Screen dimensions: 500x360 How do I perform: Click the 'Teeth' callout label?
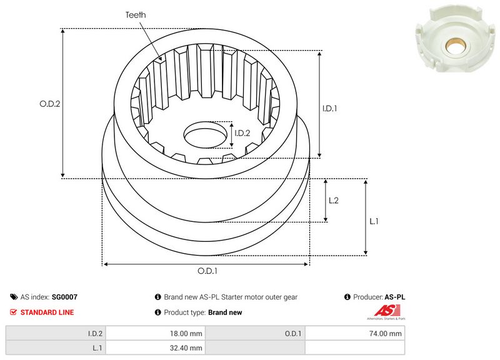point(136,15)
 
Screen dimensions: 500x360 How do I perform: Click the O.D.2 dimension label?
point(50,104)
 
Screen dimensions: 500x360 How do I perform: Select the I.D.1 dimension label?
point(330,108)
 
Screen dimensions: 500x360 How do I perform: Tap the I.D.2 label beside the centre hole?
point(242,133)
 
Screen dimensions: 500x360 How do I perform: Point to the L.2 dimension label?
point(334,200)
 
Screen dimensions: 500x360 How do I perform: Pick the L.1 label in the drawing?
point(374,221)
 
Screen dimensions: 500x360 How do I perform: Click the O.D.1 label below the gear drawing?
point(207,271)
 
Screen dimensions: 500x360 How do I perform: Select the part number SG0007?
point(64,297)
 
